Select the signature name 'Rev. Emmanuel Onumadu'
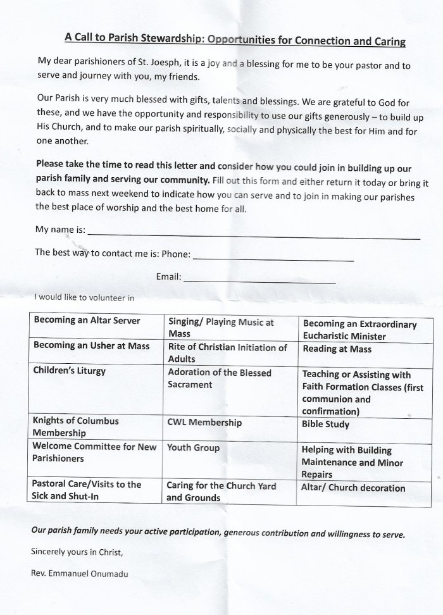[82, 574]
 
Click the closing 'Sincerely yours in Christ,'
[77, 552]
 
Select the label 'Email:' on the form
[168, 276]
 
